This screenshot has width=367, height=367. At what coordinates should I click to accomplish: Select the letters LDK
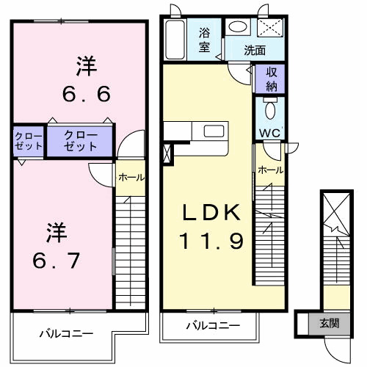click(x=211, y=213)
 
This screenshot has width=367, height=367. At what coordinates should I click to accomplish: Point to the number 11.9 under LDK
click(x=211, y=239)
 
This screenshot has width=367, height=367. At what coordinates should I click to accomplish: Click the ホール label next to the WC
click(x=270, y=170)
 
